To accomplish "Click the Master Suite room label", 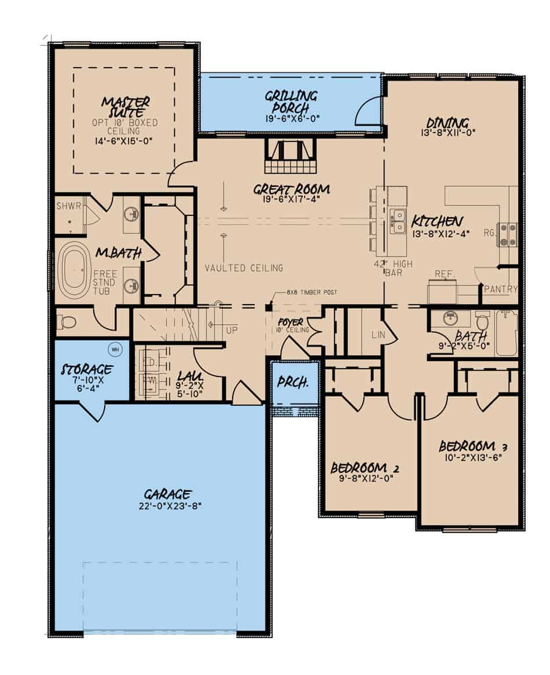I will pos(126,107).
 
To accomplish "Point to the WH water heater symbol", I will pos(115,349).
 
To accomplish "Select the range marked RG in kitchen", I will pos(508,234).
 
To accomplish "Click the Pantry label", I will pos(500,289).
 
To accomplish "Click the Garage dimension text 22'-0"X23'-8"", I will pos(167,505).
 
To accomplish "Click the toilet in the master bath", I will pos(67,321).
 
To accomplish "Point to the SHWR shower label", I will pos(68,206).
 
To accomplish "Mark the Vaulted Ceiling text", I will pos(244,267).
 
